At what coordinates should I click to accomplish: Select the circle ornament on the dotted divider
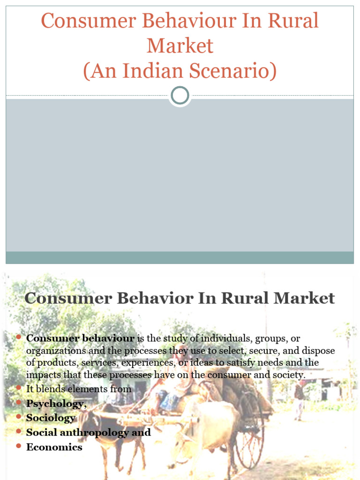click(180, 96)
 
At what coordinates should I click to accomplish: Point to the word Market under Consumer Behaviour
click(180, 46)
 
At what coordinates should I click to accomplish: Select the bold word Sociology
click(51, 418)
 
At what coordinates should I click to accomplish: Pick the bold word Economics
click(54, 447)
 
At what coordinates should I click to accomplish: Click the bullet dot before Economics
click(18, 447)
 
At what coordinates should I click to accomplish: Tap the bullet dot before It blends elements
click(18, 389)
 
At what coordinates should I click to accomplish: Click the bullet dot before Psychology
click(18, 403)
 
